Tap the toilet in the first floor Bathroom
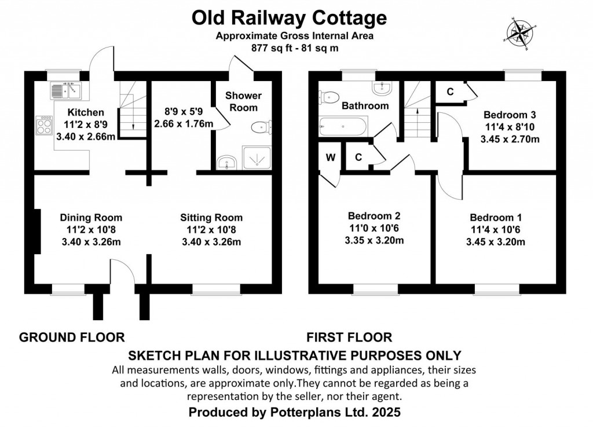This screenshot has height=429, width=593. click(x=328, y=97)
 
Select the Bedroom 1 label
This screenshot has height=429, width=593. click(x=496, y=218)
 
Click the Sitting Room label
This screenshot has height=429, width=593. click(x=211, y=218)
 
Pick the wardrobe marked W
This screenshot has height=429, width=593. click(x=331, y=157)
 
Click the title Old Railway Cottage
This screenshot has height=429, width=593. click(x=289, y=19)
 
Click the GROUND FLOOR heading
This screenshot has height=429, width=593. click(x=72, y=336)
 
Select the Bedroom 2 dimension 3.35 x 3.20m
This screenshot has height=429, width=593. click(x=374, y=240)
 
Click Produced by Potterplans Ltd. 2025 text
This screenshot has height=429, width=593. click(x=294, y=412)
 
